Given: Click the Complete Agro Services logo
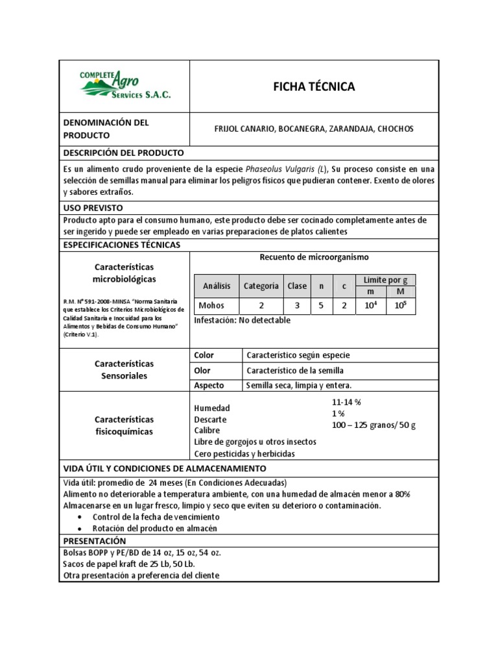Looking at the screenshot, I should click(x=124, y=86).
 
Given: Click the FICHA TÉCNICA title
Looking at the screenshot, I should click(x=313, y=87).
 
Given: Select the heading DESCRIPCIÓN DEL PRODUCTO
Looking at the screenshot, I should click(x=123, y=153).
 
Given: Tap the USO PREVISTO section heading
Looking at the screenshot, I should click(x=93, y=208).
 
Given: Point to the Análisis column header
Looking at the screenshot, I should click(x=217, y=286).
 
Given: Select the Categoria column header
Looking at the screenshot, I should click(x=261, y=286).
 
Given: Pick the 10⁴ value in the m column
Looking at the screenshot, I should click(x=371, y=305).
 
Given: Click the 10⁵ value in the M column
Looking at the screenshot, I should click(x=400, y=305).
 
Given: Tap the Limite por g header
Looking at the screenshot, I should click(x=385, y=279).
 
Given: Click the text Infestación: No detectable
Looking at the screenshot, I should click(x=242, y=320).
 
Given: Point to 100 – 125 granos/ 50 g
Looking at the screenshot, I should click(x=373, y=425).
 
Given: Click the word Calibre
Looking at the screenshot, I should click(x=207, y=430).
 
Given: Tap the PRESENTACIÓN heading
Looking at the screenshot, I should click(x=94, y=540).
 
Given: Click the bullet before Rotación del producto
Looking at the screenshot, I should click(x=79, y=528).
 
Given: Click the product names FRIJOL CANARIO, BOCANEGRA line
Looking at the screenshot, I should click(x=313, y=129).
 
